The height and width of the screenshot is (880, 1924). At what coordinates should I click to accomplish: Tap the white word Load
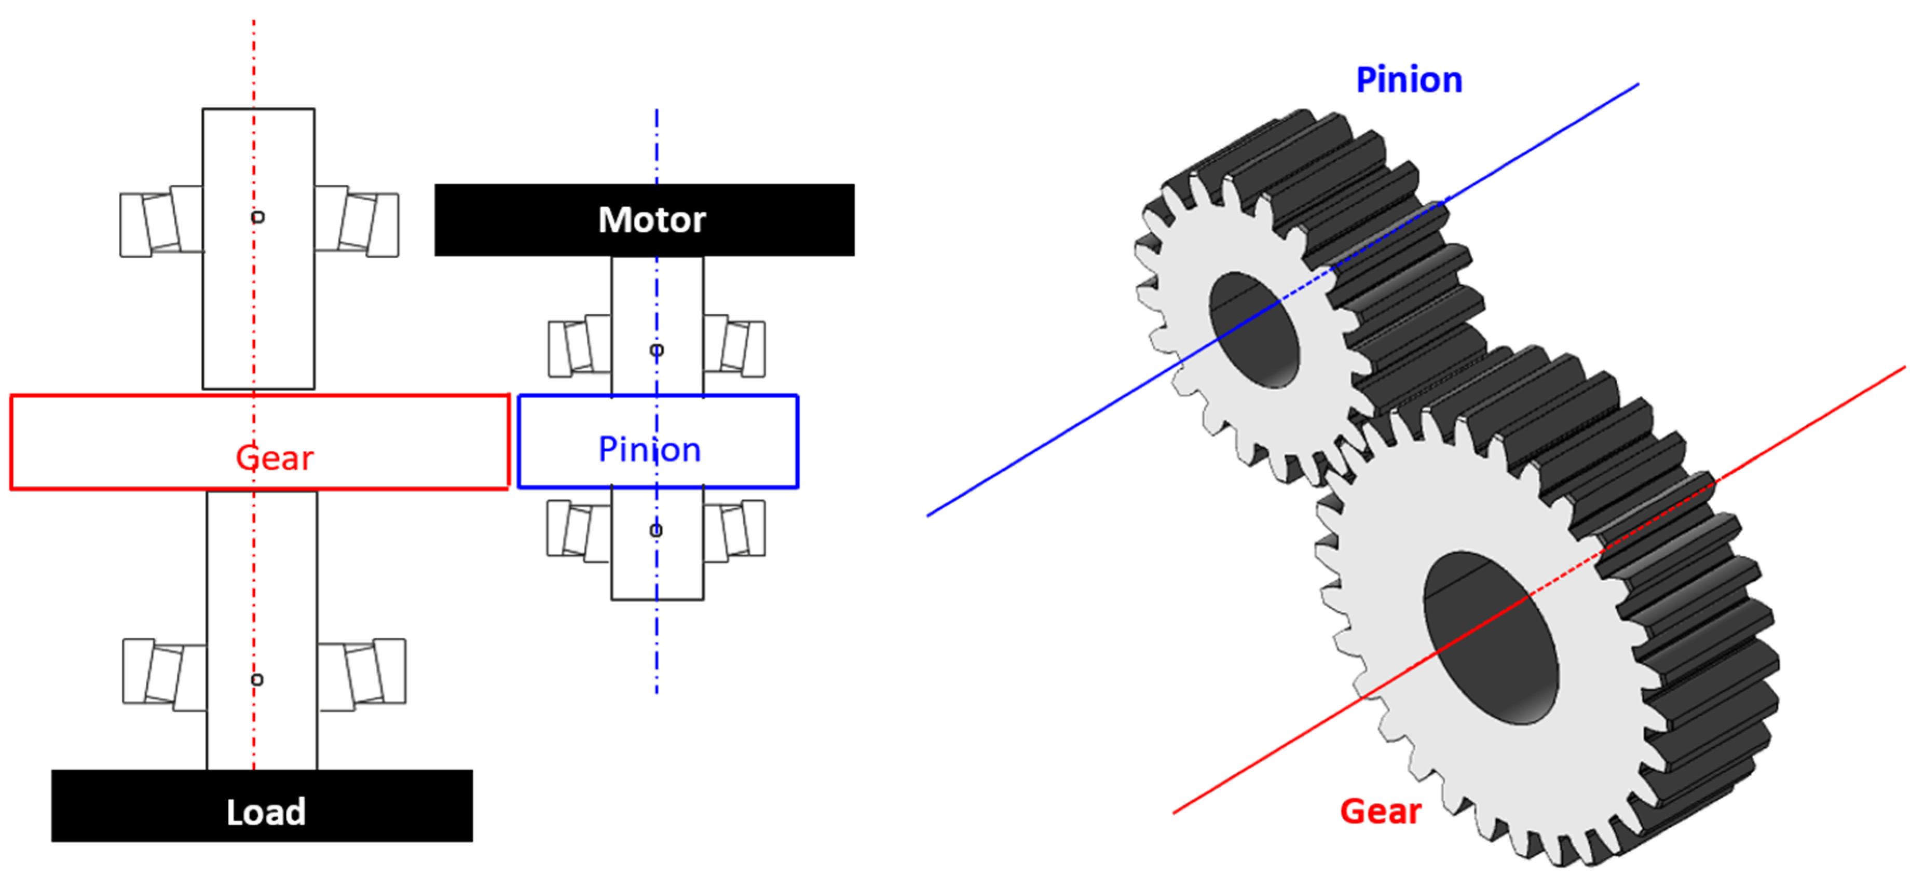pyautogui.click(x=266, y=812)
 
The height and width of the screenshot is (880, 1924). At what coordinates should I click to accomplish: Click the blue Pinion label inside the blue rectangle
pyautogui.click(x=649, y=449)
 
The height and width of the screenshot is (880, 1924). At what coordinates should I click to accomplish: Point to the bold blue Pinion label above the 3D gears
pyautogui.click(x=1408, y=80)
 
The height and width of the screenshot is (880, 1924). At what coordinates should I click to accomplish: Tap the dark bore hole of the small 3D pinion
pyautogui.click(x=1255, y=330)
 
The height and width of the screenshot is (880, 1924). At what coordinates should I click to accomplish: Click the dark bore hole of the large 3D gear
pyautogui.click(x=1490, y=638)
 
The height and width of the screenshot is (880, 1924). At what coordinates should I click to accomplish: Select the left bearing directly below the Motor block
pyautogui.click(x=580, y=345)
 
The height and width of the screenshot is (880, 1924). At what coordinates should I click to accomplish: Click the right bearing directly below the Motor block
pyautogui.click(x=735, y=345)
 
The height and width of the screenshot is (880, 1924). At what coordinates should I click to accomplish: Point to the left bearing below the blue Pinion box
pyautogui.click(x=578, y=530)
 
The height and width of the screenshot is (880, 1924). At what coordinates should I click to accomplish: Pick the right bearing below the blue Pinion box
pyautogui.click(x=735, y=530)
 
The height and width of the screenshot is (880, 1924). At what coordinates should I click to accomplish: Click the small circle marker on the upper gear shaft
pyautogui.click(x=257, y=217)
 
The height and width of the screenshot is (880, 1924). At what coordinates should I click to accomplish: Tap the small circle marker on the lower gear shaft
pyautogui.click(x=257, y=679)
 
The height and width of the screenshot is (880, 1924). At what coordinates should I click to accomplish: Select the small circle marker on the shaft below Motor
pyautogui.click(x=657, y=350)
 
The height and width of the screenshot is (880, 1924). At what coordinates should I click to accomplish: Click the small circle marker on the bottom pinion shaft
pyautogui.click(x=656, y=530)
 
